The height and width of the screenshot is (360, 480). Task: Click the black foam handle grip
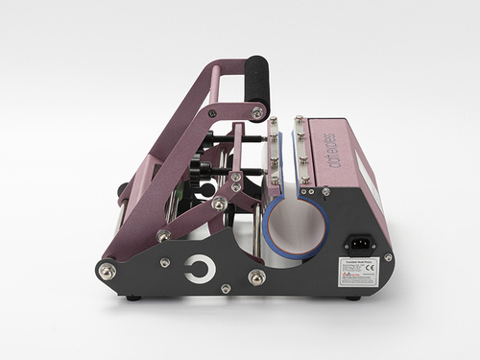pos(256,81)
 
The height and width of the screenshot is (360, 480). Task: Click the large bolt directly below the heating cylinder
pos(257,277)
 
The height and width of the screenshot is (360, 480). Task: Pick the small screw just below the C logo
pos(225,287)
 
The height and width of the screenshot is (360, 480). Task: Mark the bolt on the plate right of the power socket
pos(387,257)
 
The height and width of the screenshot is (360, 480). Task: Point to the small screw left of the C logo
pos(166,262)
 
